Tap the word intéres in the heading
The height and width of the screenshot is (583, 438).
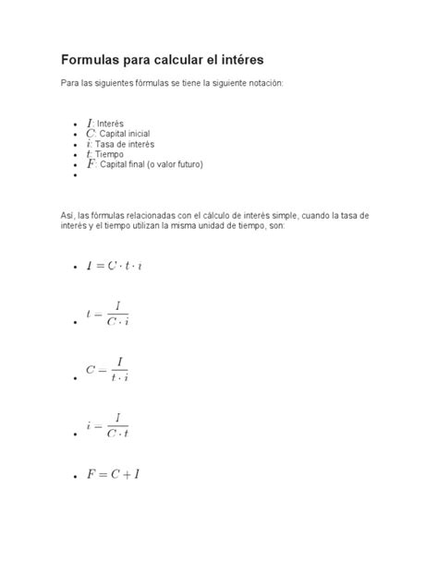[x=237, y=60]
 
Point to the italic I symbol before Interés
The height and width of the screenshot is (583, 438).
[x=90, y=123]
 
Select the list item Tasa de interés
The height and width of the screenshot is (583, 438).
[x=124, y=144]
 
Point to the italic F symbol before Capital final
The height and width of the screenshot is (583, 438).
[x=91, y=164]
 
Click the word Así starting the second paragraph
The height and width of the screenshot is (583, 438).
[x=67, y=215]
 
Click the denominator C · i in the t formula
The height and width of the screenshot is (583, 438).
[x=118, y=321]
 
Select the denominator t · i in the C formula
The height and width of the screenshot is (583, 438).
[x=119, y=376]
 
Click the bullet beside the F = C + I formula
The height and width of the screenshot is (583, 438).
[x=73, y=478]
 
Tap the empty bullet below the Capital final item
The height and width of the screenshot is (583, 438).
[x=73, y=174]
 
